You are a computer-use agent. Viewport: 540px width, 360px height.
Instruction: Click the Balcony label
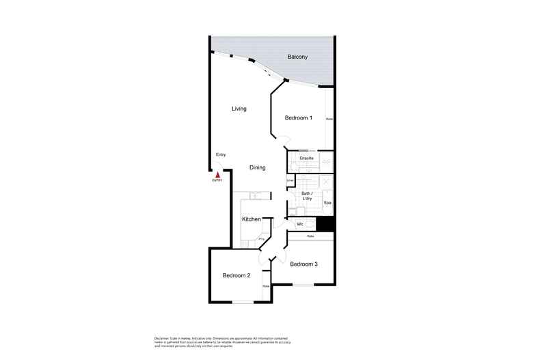(x=297, y=57)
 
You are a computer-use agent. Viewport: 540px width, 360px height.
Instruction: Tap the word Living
(x=239, y=109)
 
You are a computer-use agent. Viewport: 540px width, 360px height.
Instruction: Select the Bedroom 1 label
(x=298, y=118)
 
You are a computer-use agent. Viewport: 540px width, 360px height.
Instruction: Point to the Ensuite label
(x=307, y=158)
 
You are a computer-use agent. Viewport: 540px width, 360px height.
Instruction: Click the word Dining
(x=257, y=167)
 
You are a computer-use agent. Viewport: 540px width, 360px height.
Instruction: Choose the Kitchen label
(x=252, y=219)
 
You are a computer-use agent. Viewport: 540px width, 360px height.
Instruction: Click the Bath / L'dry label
(x=307, y=196)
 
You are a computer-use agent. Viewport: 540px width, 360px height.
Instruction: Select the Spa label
(x=327, y=203)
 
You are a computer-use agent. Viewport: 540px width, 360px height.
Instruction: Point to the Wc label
(x=300, y=224)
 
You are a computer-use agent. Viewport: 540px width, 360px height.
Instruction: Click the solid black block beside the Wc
(x=326, y=225)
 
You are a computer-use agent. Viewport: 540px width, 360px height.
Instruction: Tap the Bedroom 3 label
(x=304, y=264)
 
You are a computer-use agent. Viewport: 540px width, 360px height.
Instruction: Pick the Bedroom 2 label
(x=237, y=275)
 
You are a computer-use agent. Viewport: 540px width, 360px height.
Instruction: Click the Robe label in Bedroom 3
(x=310, y=236)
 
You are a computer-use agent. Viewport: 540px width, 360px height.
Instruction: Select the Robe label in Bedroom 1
(x=329, y=119)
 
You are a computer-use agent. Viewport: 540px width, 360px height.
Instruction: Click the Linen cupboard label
(x=290, y=180)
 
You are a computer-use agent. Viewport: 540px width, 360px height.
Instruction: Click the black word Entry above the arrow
(x=221, y=154)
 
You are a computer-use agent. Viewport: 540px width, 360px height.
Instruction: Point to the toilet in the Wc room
(x=309, y=224)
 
